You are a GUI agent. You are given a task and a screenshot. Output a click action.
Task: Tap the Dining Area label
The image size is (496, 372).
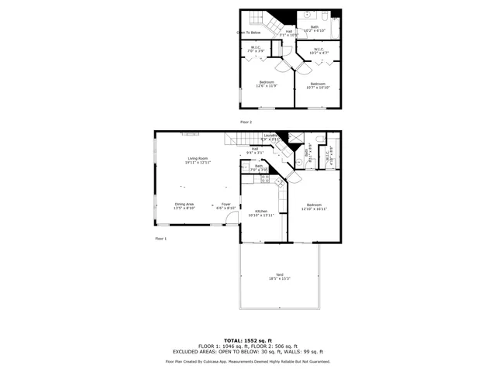[184, 206]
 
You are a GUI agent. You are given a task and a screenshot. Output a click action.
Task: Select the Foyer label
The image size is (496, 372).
[226, 206]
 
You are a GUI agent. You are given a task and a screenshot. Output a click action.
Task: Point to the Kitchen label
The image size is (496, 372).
[261, 213]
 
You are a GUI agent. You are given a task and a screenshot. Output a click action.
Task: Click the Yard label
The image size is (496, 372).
[280, 277]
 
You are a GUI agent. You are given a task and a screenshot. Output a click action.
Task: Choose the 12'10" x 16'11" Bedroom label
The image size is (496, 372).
[314, 207]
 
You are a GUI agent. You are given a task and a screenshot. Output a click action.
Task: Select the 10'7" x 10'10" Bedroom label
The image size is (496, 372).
[318, 85]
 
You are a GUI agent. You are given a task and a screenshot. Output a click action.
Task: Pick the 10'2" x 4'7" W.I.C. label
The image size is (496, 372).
[319, 51]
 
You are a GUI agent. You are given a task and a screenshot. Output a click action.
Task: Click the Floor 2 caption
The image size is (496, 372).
[246, 122]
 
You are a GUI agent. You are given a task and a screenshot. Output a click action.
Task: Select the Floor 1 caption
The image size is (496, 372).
[161, 238]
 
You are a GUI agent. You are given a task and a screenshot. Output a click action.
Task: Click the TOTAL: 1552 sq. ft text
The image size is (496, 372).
[247, 340]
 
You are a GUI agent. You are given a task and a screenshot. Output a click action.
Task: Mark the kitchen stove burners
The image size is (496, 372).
[265, 179]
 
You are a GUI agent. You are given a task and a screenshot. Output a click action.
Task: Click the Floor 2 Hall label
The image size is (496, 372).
[288, 33]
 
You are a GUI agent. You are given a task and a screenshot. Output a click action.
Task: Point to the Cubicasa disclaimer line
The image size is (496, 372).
[247, 361]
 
